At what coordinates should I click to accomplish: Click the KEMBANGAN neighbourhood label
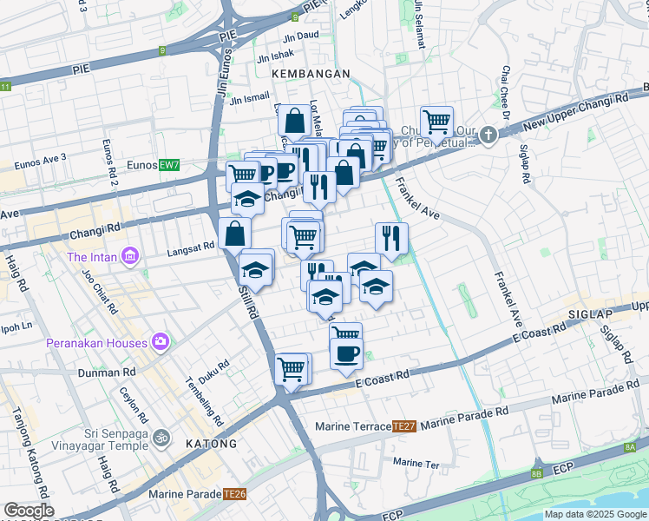coord(311,75)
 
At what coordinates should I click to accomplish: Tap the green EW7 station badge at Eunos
coord(169,165)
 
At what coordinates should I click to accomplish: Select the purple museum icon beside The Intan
coord(130,256)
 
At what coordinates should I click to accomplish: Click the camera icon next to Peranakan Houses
coord(160,341)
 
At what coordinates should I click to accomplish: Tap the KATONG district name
coord(211,444)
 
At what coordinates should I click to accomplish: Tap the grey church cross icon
coord(489,135)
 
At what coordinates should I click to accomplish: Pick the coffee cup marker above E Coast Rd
coord(346,353)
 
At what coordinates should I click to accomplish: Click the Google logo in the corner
coord(29,511)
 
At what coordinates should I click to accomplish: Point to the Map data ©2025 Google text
coord(594,514)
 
